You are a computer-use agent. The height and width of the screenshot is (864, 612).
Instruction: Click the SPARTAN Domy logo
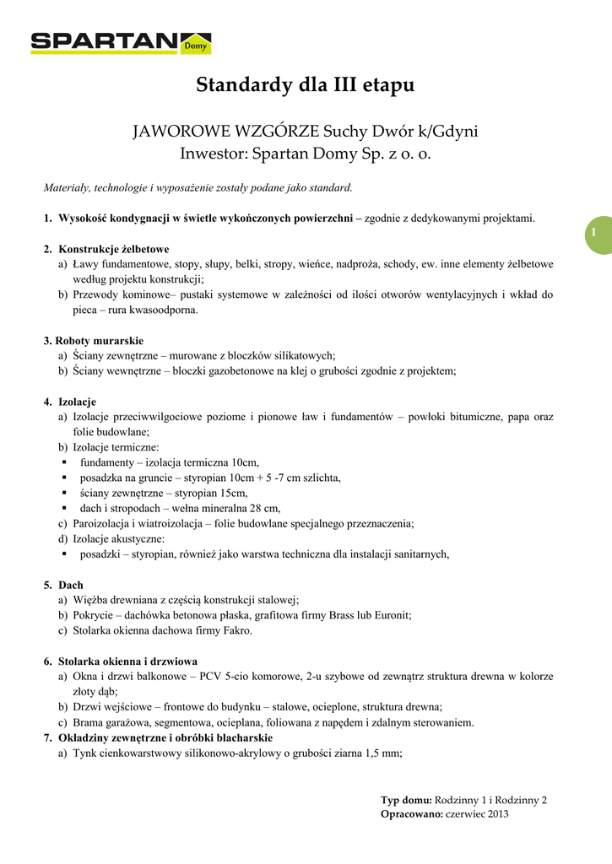click(121, 42)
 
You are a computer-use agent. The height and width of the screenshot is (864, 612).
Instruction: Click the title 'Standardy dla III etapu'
click(306, 85)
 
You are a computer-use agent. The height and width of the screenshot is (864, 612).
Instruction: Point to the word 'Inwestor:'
click(210, 154)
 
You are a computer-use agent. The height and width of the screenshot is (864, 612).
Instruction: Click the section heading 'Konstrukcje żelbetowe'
click(113, 249)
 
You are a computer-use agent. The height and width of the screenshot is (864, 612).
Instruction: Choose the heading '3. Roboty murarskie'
click(94, 341)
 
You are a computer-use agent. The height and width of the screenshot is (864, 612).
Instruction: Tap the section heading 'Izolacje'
click(77, 402)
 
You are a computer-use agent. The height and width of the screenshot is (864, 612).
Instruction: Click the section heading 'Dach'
click(70, 584)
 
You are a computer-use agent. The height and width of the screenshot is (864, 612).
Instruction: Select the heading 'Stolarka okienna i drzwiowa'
click(127, 661)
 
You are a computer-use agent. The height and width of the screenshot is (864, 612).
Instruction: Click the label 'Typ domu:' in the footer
click(406, 800)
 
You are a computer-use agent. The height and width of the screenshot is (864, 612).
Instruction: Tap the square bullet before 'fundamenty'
click(64, 462)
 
